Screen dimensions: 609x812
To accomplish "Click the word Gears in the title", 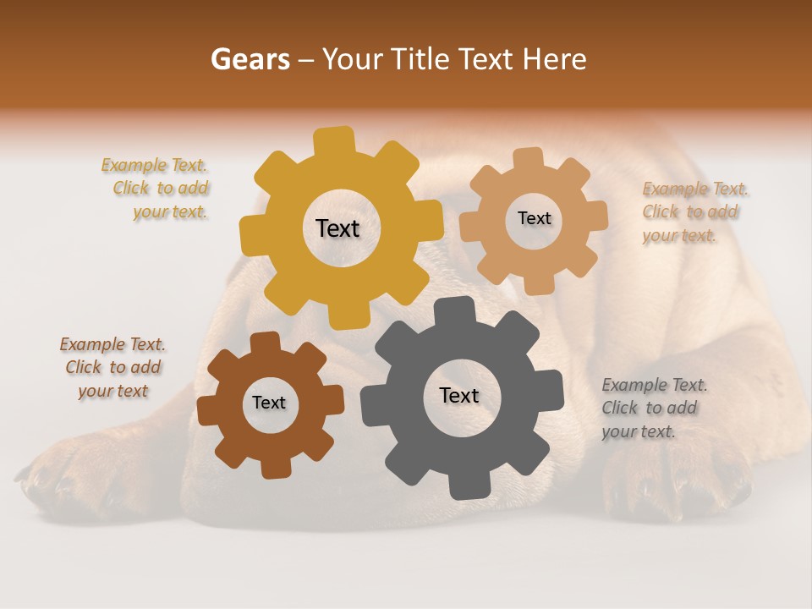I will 250,59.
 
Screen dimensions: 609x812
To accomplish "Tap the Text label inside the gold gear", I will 337,228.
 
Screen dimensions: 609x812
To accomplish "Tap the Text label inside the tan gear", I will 534,218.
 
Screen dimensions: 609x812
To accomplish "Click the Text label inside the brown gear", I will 269,403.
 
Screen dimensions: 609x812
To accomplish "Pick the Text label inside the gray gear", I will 459,395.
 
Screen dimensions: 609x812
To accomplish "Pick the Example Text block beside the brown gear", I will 112,367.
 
